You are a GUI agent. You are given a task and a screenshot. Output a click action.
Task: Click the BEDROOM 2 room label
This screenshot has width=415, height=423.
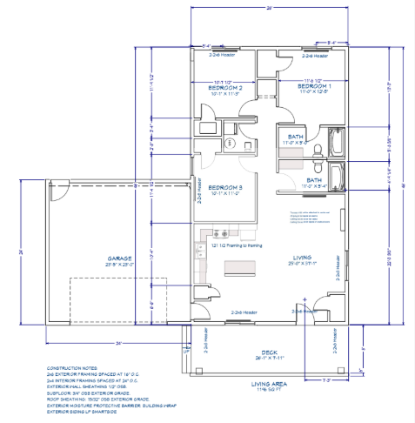pyautogui.click(x=224, y=88)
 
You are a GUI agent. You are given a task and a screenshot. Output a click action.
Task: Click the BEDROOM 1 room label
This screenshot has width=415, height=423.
pyautogui.click(x=314, y=87)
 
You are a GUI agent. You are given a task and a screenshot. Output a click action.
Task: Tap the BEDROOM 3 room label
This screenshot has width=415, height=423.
pyautogui.click(x=224, y=188)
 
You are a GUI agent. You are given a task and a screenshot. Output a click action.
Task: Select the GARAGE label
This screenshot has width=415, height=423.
pyautogui.click(x=119, y=258)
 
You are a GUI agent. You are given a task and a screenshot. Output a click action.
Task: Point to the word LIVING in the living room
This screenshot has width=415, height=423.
pyautogui.click(x=302, y=258)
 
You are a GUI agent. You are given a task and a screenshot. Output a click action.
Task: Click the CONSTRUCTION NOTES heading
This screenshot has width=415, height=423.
pyautogui.click(x=71, y=369)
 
